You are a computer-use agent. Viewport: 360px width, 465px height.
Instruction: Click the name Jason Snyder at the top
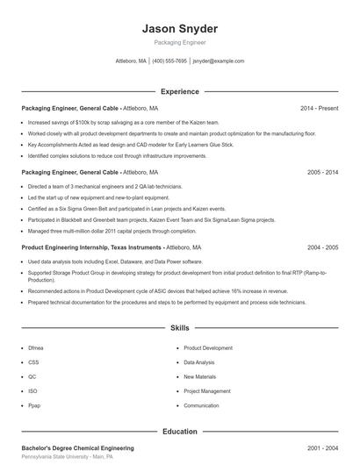(179, 29)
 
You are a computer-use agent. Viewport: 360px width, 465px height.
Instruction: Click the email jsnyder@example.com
(218, 61)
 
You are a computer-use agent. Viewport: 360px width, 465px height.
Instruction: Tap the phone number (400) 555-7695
(169, 61)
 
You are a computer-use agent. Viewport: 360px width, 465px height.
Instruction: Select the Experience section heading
(179, 91)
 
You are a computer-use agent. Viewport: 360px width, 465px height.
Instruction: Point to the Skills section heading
(179, 328)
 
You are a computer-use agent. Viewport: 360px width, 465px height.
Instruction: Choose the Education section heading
(179, 432)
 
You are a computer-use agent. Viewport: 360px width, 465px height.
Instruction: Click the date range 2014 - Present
(319, 108)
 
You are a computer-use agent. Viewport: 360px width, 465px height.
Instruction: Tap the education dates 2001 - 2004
(322, 447)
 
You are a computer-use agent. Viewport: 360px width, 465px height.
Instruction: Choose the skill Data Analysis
(198, 362)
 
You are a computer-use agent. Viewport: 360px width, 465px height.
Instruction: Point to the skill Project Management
(207, 391)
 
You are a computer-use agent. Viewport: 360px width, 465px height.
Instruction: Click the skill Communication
(201, 406)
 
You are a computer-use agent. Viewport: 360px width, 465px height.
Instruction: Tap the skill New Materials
(198, 376)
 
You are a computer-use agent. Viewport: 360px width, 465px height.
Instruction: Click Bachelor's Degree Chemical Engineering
(77, 447)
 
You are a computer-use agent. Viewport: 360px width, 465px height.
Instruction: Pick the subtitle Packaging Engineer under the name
(179, 42)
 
